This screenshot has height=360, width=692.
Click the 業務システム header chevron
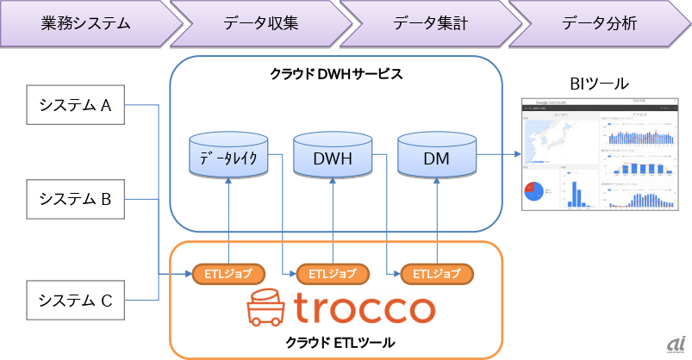click(x=84, y=22)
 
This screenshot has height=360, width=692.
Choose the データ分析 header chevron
click(x=598, y=22)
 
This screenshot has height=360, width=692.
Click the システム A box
click(x=76, y=106)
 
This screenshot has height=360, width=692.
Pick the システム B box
click(x=76, y=199)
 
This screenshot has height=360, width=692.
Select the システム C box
click(x=76, y=300)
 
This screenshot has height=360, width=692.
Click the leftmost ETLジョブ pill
click(x=228, y=274)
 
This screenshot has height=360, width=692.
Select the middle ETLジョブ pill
click(x=333, y=274)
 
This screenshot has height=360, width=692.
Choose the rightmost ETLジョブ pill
click(x=437, y=274)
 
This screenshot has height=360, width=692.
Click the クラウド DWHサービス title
click(x=336, y=74)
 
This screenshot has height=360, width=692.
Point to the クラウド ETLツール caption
click(x=335, y=343)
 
